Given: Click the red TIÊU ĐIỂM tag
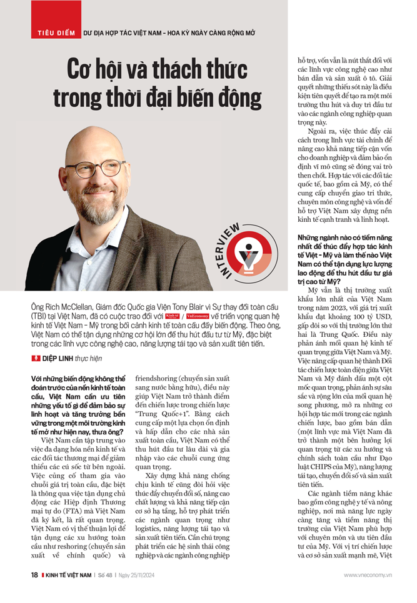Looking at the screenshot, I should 51,32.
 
